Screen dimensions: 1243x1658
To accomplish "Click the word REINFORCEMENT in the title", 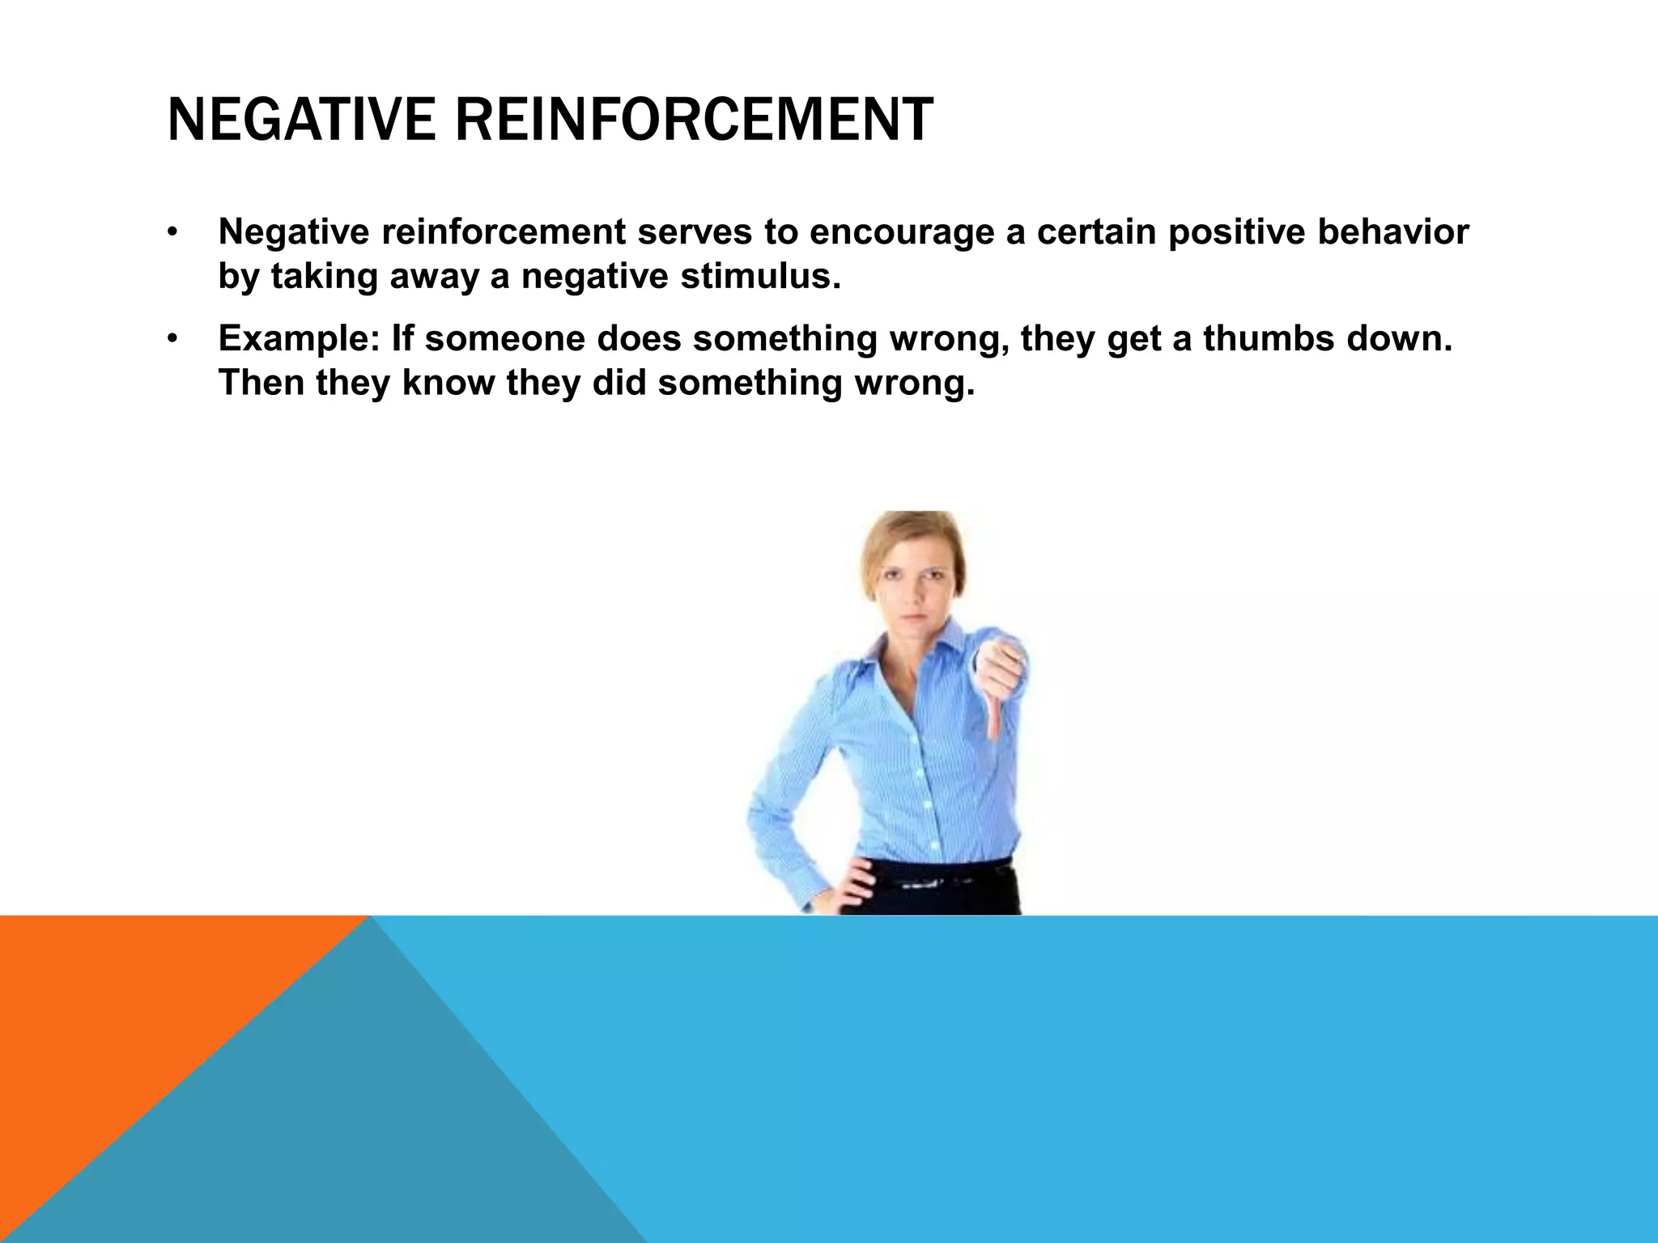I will (x=693, y=120).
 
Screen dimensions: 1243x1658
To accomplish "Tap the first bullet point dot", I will (x=172, y=234).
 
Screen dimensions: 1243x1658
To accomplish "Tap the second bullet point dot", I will (x=172, y=340).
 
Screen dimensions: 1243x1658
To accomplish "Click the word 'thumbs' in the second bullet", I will (x=1268, y=338).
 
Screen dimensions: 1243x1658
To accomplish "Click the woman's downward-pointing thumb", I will (x=993, y=720).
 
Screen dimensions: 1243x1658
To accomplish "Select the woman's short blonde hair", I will (x=910, y=534).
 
